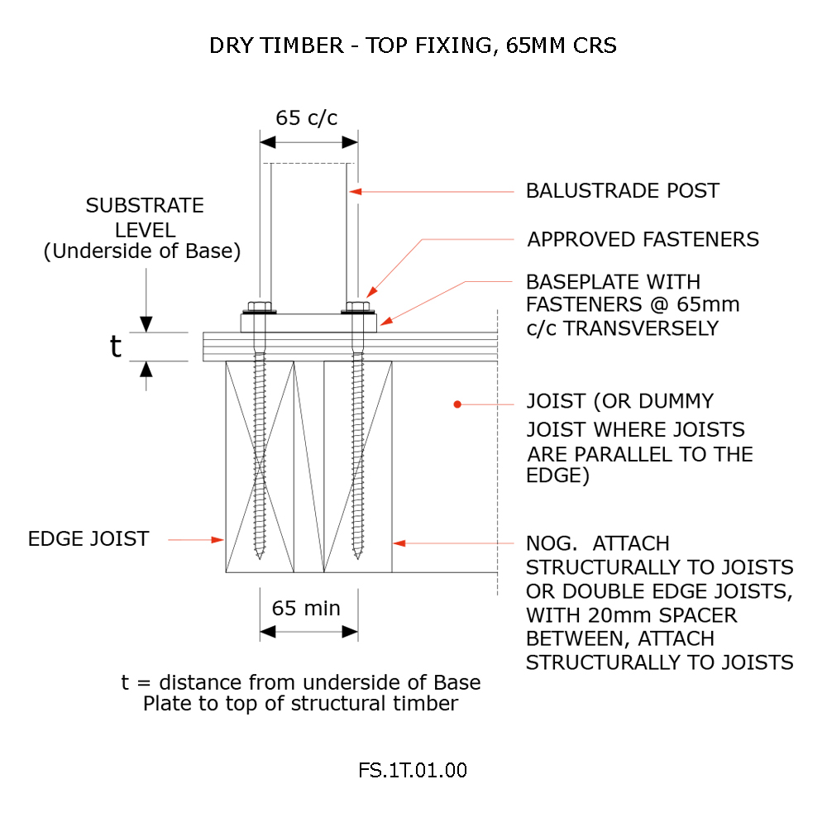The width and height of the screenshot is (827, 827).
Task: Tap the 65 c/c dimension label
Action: [x=307, y=117]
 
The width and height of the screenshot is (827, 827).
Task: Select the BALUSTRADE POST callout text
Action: [x=623, y=190]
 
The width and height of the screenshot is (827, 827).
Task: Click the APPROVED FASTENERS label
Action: [x=643, y=240]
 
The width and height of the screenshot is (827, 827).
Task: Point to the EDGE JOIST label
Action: [x=88, y=539]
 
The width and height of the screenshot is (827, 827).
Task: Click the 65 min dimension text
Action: [x=306, y=608]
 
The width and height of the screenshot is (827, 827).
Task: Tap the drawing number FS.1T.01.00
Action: [x=413, y=770]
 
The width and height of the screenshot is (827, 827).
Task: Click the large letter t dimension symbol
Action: [x=116, y=347]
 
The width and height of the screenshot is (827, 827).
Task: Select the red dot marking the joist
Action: [x=457, y=404]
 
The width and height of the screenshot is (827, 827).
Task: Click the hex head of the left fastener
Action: [x=260, y=307]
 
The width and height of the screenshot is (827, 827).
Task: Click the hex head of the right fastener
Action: [x=357, y=307]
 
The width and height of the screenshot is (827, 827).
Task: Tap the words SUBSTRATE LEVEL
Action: [x=145, y=218]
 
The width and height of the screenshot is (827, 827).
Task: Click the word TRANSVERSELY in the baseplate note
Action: [x=642, y=328]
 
